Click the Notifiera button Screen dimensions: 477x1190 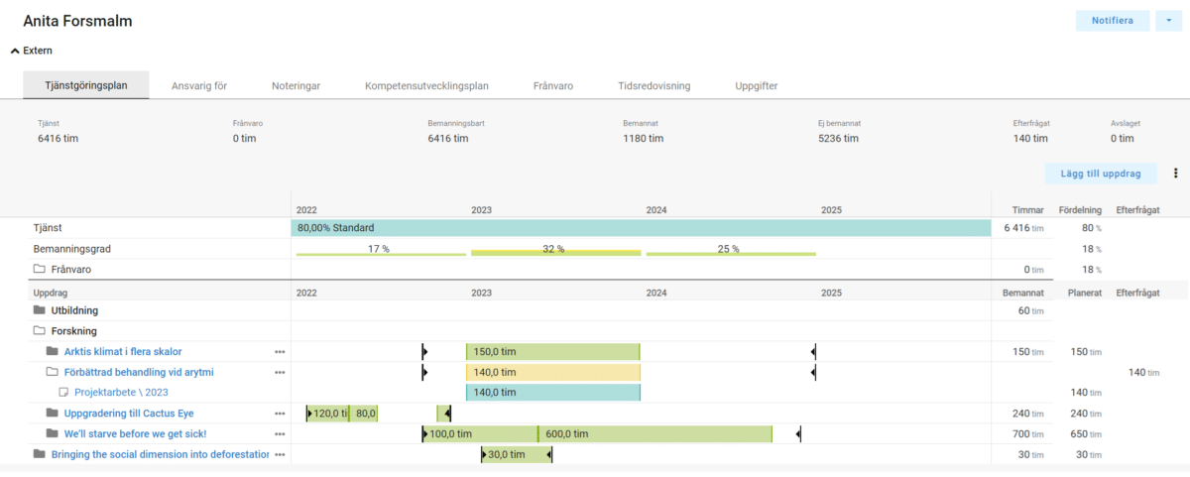pyautogui.click(x=1112, y=21)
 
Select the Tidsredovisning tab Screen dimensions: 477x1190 pyautogui.click(x=654, y=86)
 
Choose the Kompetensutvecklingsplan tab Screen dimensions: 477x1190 pyautogui.click(x=426, y=86)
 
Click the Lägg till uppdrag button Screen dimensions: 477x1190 pyautogui.click(x=1101, y=174)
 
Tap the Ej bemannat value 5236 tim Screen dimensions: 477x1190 pyautogui.click(x=838, y=139)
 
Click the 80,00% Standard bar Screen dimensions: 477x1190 pyautogui.click(x=641, y=228)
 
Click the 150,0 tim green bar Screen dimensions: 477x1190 pyautogui.click(x=552, y=351)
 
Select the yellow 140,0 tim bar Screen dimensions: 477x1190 pyautogui.click(x=552, y=372)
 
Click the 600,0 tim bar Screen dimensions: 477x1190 pyautogui.click(x=654, y=433)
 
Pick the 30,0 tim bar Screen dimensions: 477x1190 pyautogui.click(x=516, y=454)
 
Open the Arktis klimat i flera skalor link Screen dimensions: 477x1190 pyautogui.click(x=123, y=351)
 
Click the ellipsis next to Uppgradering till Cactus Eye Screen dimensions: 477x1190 pyautogui.click(x=280, y=414)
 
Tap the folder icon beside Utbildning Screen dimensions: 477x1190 pyautogui.click(x=40, y=310)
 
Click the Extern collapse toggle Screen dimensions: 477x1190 pyautogui.click(x=15, y=51)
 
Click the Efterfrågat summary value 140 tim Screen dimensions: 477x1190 pyautogui.click(x=1030, y=139)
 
